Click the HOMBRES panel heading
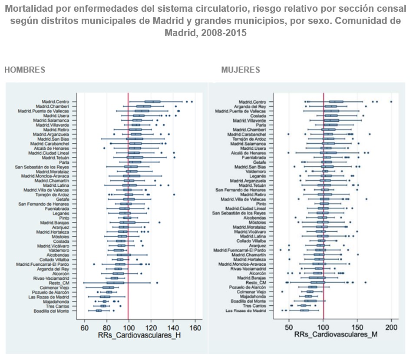point(25,70)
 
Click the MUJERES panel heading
point(240,70)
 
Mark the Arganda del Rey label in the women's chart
point(250,106)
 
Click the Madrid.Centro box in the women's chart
point(336,102)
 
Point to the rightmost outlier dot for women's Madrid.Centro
point(391,102)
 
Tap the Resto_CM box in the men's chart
point(116,283)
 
